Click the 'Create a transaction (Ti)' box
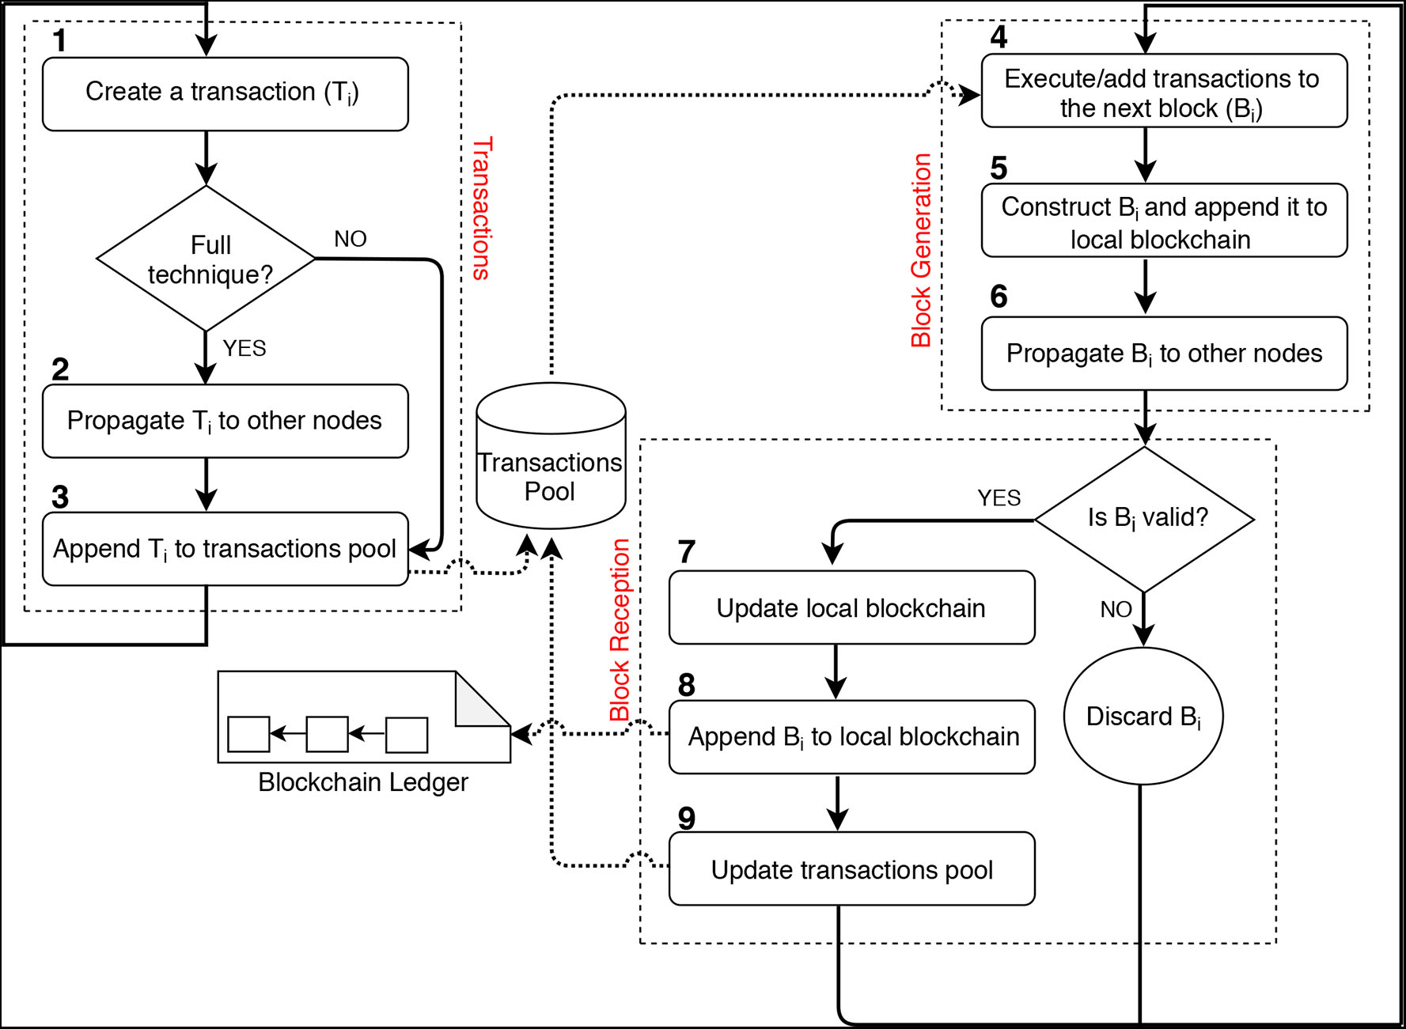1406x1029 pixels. tap(225, 93)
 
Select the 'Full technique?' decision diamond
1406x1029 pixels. tap(206, 259)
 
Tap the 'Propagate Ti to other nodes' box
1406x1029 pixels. tap(225, 421)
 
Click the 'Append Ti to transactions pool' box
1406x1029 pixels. tap(225, 549)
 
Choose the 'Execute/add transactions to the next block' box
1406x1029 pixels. tap(1164, 91)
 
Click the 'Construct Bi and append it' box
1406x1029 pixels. tap(1164, 221)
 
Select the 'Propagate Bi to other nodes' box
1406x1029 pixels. tap(1164, 354)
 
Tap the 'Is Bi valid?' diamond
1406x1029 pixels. tap(1145, 519)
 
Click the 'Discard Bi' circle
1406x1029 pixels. tap(1143, 717)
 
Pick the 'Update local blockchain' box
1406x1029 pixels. tap(851, 608)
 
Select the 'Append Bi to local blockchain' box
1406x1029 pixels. tap(851, 737)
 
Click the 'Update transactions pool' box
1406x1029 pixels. tap(851, 869)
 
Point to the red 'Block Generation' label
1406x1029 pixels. tap(921, 250)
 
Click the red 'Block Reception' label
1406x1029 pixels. tap(620, 630)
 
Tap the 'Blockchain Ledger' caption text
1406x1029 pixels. tap(363, 782)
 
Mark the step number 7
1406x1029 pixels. tap(687, 551)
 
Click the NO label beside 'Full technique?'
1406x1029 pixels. tap(350, 239)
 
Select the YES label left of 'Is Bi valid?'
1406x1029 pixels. tap(999, 497)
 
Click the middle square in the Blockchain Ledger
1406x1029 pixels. tap(327, 734)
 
